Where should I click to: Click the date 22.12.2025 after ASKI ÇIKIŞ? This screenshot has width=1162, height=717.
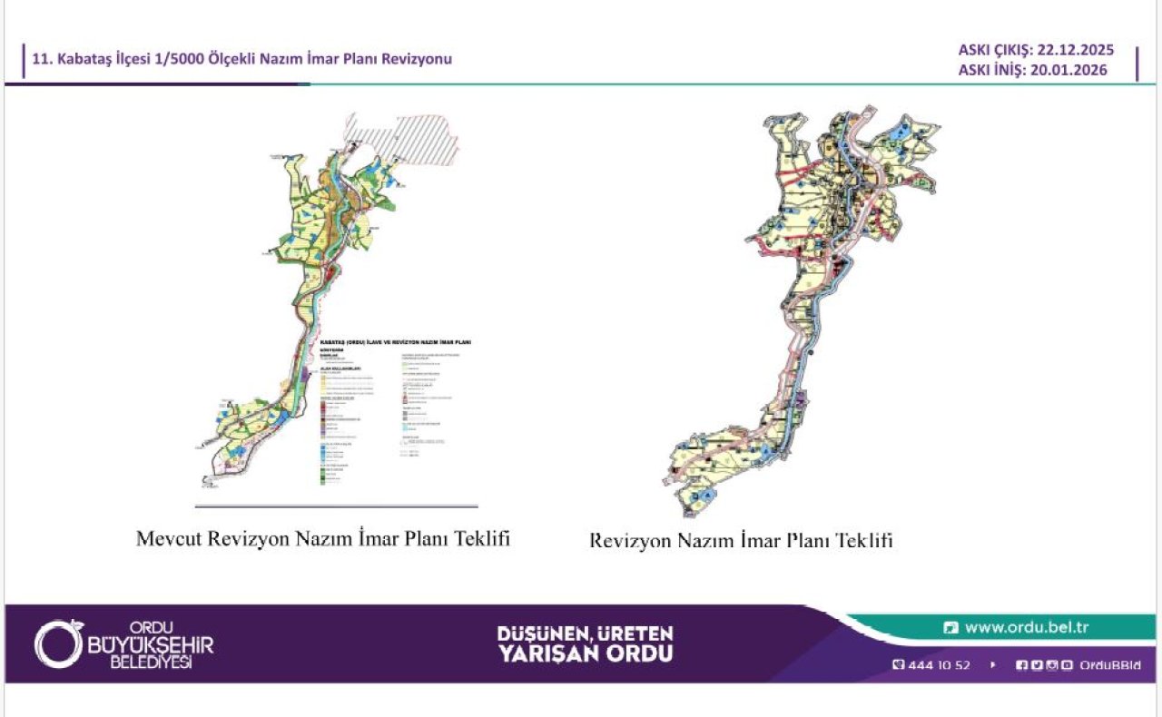tap(1074, 51)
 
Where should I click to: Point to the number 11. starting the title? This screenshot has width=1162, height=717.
tap(41, 59)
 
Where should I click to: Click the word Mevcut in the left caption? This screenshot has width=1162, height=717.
tap(169, 538)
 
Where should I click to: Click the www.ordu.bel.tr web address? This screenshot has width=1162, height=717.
tap(1026, 627)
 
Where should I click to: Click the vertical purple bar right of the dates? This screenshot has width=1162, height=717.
tap(1137, 62)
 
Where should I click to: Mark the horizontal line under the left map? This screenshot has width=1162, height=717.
tap(336, 506)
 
